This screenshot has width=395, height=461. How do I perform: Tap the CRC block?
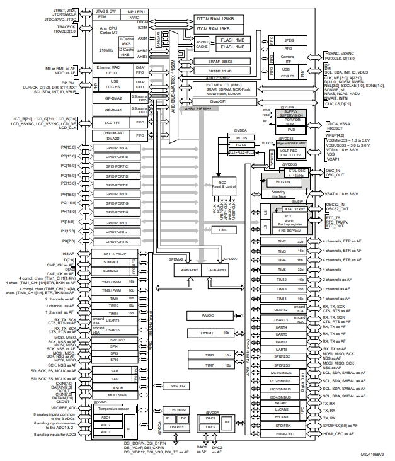point(223,230)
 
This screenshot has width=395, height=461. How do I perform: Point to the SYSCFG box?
point(178,384)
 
